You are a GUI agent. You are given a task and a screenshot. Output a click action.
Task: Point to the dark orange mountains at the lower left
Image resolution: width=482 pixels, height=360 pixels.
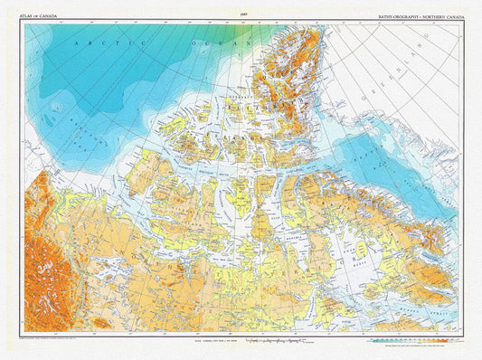click(41, 253)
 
